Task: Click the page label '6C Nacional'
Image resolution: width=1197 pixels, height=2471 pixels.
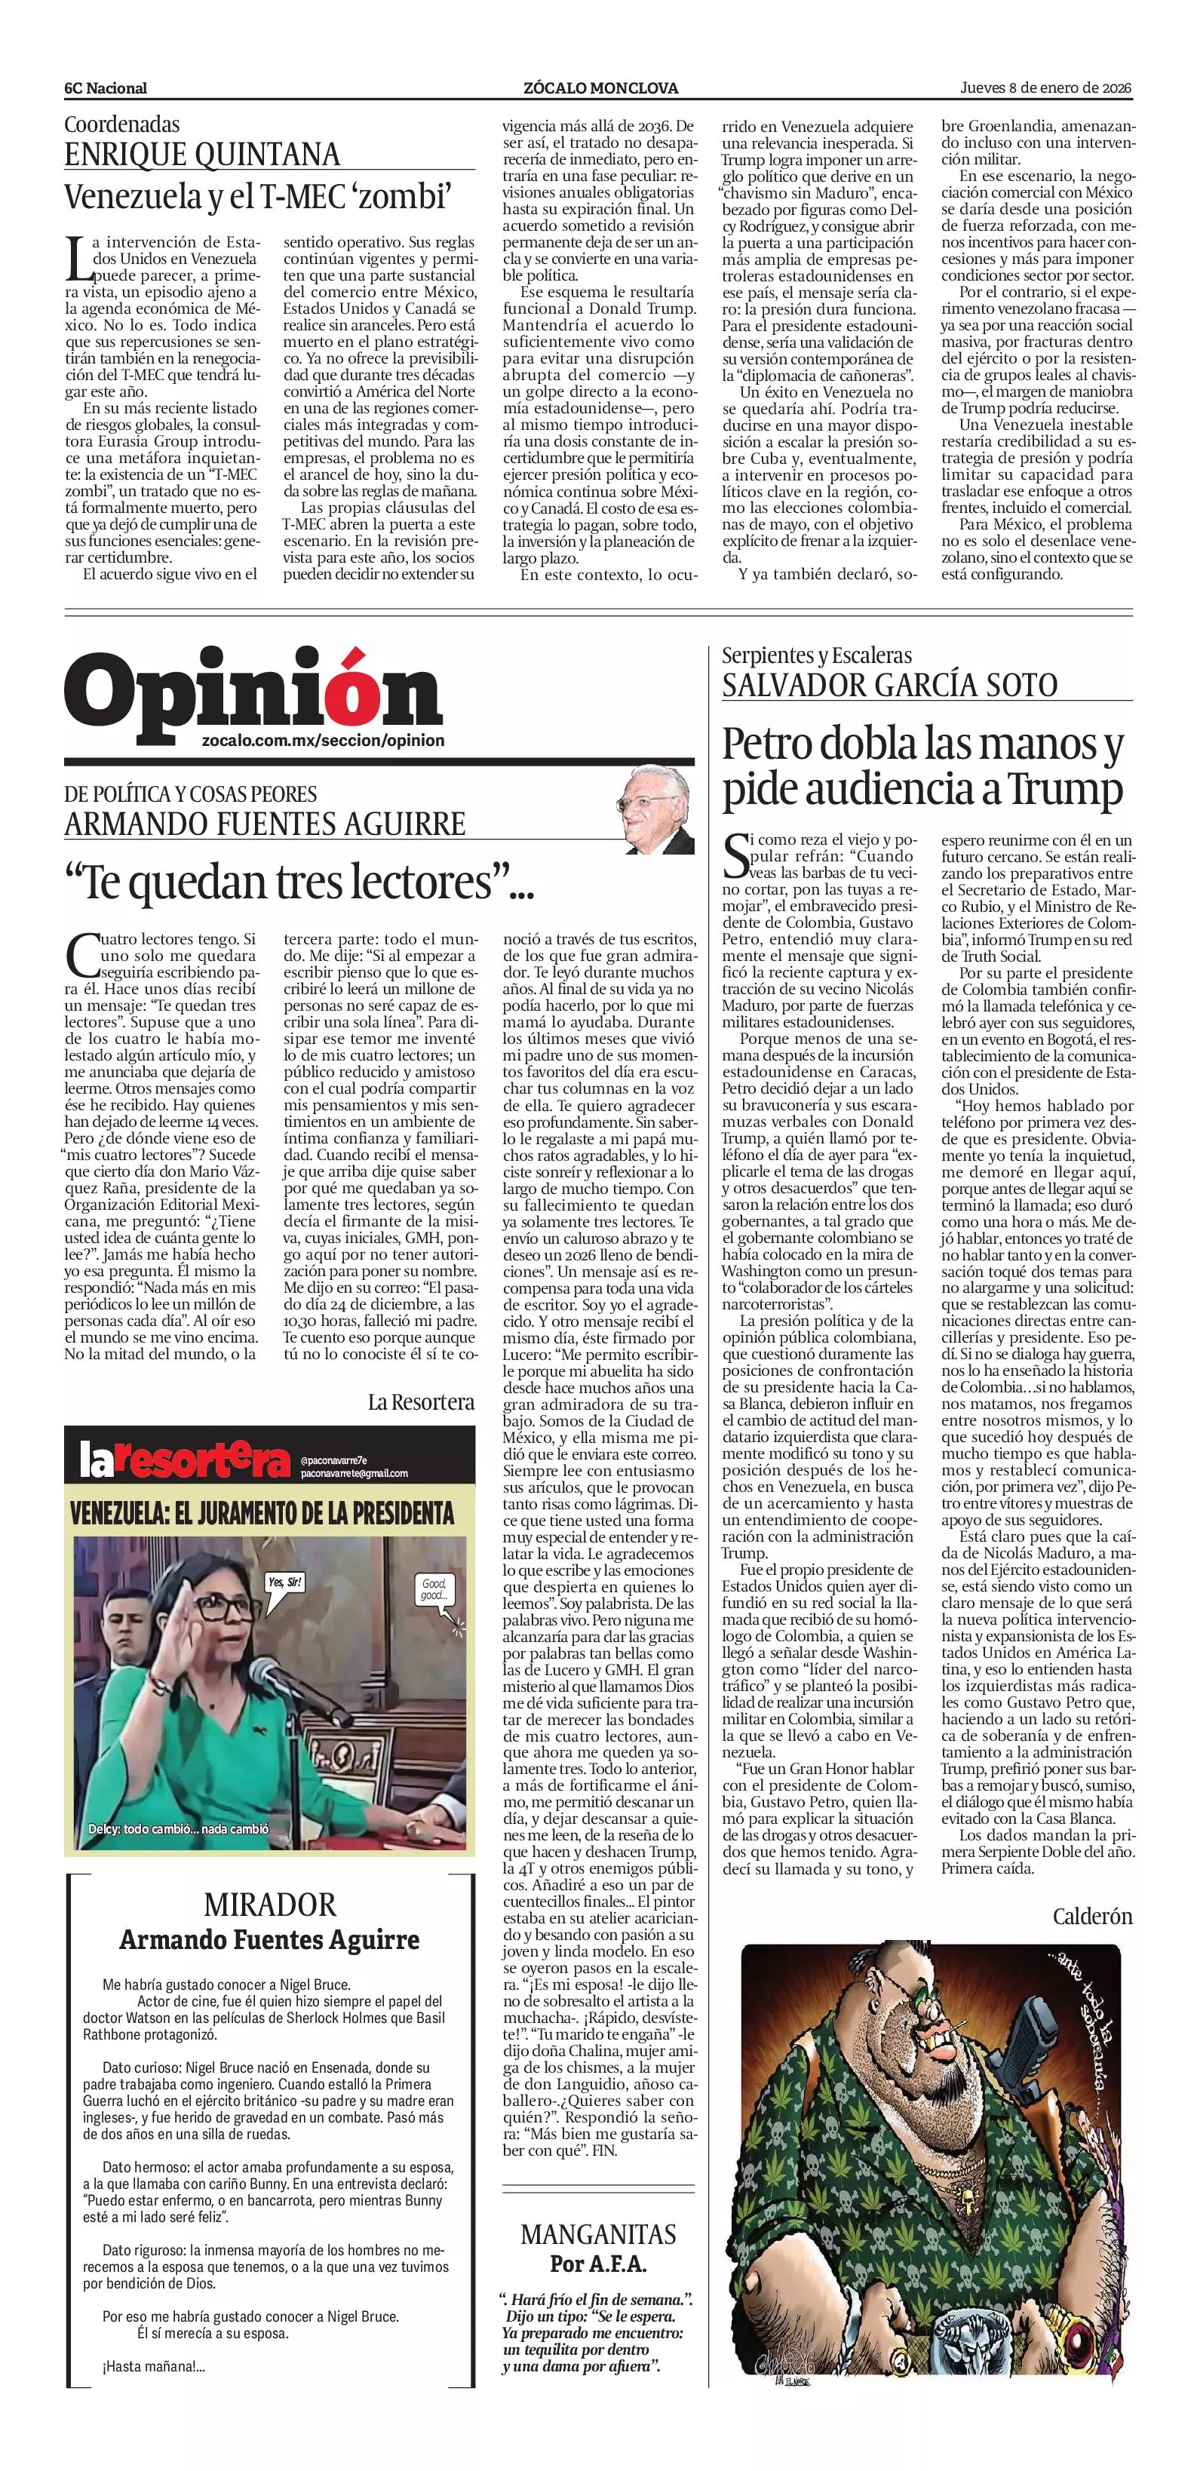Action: point(106,88)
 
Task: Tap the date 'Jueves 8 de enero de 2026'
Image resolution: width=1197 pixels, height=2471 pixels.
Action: point(1045,87)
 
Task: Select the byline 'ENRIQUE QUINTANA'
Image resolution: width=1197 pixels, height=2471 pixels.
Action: point(201,155)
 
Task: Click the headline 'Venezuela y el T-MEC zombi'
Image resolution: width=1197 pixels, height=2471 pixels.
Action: point(257,197)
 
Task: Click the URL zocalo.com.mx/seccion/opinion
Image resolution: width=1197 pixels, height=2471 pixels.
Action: point(324,741)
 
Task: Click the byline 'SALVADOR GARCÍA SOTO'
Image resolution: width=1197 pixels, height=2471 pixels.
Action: point(889,685)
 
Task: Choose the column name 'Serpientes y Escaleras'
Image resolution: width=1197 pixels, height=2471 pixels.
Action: point(816,655)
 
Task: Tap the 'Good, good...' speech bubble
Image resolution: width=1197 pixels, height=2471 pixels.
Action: point(434,1588)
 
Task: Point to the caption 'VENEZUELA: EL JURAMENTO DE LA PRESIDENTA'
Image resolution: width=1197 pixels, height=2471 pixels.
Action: point(262,1514)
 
